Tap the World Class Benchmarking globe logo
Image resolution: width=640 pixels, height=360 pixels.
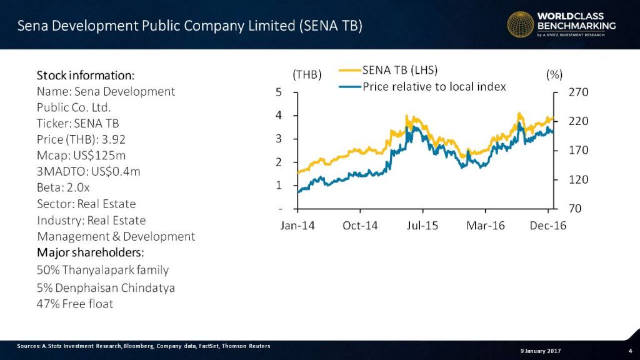520,25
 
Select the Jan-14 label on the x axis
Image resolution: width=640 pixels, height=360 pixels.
297,226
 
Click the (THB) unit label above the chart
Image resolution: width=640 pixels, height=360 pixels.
307,75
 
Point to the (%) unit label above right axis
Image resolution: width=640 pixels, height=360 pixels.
554,75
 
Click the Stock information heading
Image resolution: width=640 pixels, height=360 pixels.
86,76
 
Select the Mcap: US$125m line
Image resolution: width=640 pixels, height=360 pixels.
81,156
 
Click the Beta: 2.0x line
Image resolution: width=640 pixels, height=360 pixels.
65,188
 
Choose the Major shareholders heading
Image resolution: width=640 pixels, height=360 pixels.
90,253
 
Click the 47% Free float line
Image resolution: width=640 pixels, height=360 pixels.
76,304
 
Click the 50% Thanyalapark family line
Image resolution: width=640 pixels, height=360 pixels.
102,270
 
